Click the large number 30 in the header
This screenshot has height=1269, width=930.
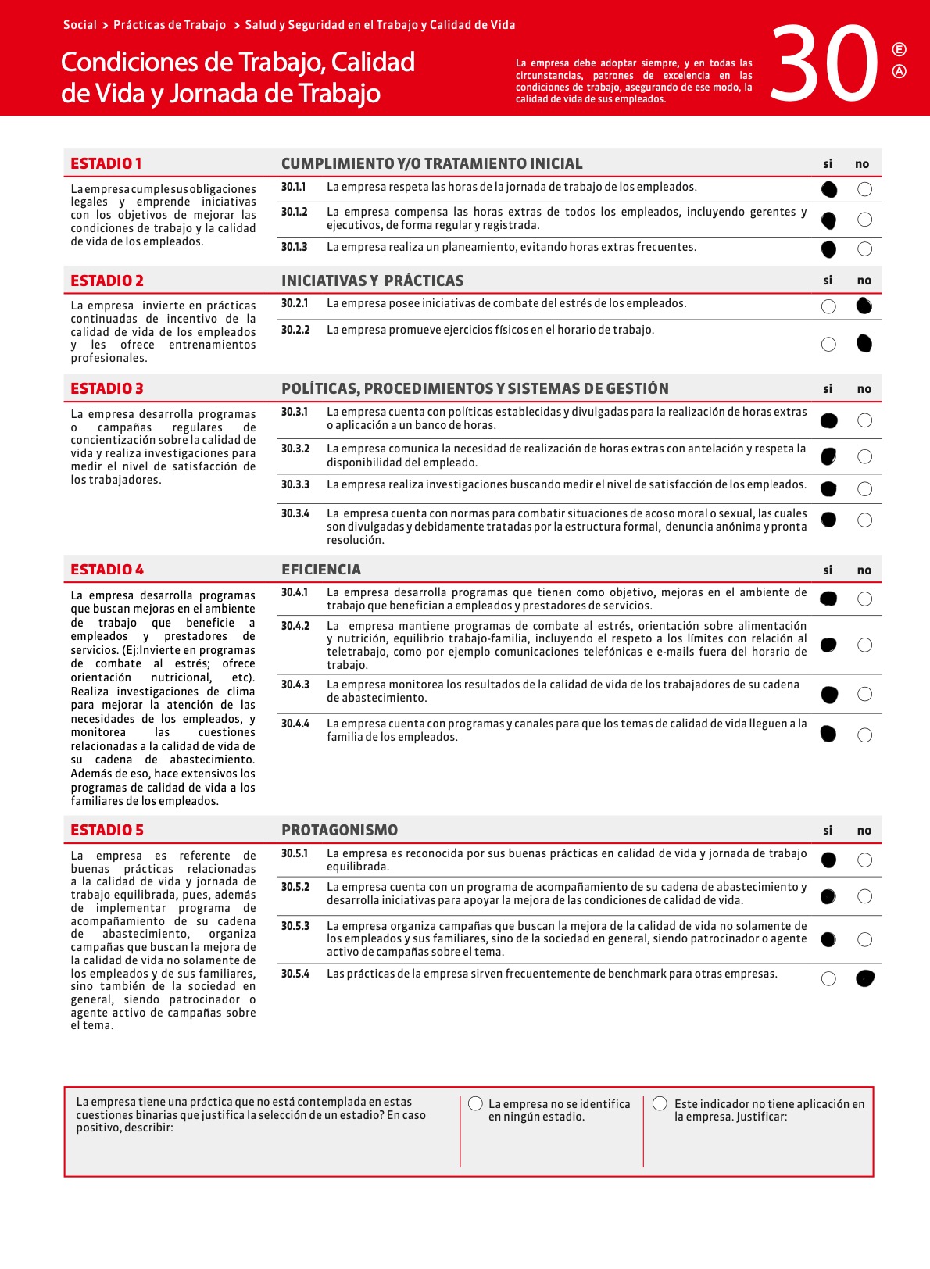pyautogui.click(x=825, y=63)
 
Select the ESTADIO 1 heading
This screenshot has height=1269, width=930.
pyautogui.click(x=106, y=163)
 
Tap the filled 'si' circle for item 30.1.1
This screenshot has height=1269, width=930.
pyautogui.click(x=829, y=189)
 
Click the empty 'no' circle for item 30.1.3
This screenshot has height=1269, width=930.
pyautogui.click(x=864, y=249)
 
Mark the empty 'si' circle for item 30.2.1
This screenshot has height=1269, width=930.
pyautogui.click(x=829, y=306)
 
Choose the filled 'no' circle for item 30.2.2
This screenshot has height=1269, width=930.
pyautogui.click(x=864, y=343)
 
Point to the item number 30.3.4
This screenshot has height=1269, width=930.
pyautogui.click(x=295, y=513)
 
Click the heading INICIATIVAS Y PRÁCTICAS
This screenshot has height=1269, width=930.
pyautogui.click(x=372, y=281)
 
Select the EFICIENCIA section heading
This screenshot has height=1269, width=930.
pyautogui.click(x=321, y=570)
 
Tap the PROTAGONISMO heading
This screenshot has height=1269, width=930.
pyautogui.click(x=339, y=830)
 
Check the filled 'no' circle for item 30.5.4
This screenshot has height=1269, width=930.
pyautogui.click(x=865, y=978)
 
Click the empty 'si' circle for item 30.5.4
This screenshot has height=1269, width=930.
pyautogui.click(x=829, y=979)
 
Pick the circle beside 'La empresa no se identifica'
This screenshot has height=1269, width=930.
pyautogui.click(x=475, y=1103)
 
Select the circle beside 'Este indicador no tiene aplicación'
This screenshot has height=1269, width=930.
pyautogui.click(x=660, y=1103)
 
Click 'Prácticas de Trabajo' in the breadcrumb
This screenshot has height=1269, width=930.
pyautogui.click(x=170, y=25)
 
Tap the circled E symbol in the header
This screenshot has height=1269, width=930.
pyautogui.click(x=900, y=50)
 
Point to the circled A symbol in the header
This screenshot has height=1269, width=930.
pyautogui.click(x=900, y=72)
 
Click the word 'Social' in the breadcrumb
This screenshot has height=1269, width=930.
pyautogui.click(x=80, y=25)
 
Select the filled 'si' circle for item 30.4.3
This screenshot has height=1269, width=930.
pyautogui.click(x=829, y=695)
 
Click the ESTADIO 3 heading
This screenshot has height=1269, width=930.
pyautogui.click(x=107, y=388)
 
